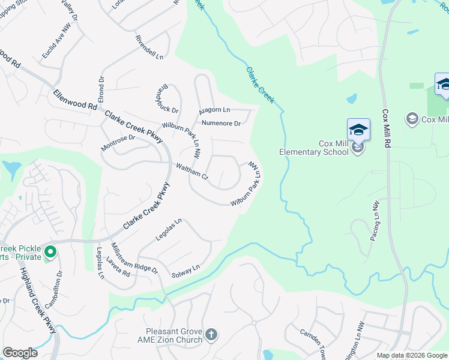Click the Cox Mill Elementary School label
(313, 148)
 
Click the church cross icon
(211, 334)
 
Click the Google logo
(20, 353)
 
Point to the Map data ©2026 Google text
(412, 355)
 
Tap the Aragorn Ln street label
(214, 110)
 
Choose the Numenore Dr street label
(221, 124)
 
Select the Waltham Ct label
(191, 172)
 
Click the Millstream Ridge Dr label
(134, 258)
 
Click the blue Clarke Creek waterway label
(259, 85)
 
